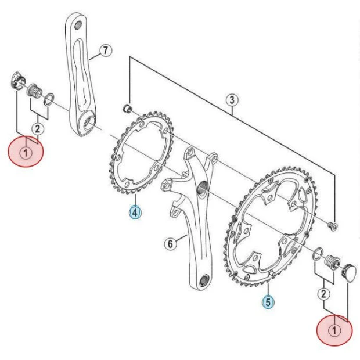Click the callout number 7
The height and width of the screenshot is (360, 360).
tap(104, 51)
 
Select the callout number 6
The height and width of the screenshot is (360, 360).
tap(170, 244)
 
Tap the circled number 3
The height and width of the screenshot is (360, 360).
tap(232, 100)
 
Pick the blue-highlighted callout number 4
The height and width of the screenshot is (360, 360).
tap(135, 213)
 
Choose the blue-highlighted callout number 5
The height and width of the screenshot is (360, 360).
tap(268, 302)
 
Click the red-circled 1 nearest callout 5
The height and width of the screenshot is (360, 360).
tap(334, 330)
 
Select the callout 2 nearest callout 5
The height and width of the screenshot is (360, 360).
tap(323, 294)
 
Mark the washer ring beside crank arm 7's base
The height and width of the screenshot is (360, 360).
tap(49, 96)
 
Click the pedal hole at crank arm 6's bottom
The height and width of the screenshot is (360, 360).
tap(203, 281)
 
